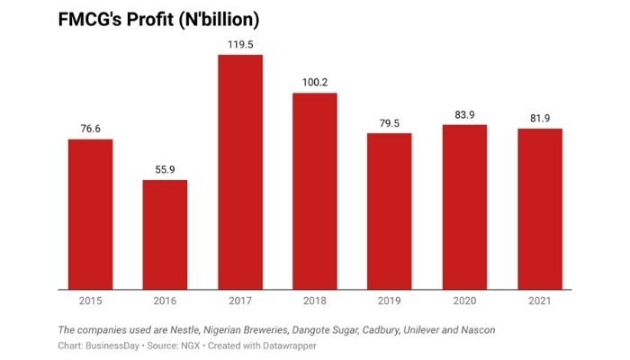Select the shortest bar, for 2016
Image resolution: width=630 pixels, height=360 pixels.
click(165, 235)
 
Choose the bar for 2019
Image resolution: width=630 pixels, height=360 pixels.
click(389, 211)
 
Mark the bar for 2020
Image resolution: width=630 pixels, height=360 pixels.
click(464, 208)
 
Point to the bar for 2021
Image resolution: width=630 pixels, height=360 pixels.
click(539, 210)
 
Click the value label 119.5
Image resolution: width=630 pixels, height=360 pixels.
click(239, 43)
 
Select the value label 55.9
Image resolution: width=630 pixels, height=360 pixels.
click(165, 168)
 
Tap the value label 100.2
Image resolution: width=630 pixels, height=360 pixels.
click(314, 82)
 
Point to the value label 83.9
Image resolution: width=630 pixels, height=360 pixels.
click(464, 113)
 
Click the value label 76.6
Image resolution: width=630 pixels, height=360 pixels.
click(90, 128)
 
